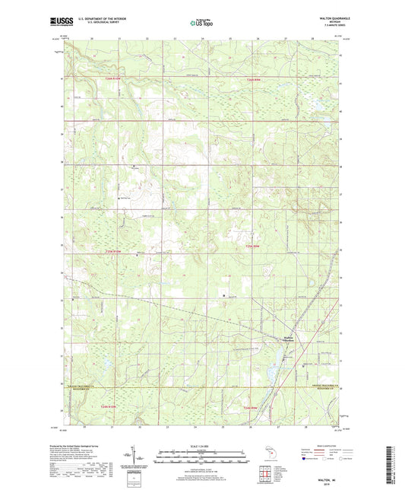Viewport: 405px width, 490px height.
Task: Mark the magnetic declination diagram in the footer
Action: click(x=134, y=461)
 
